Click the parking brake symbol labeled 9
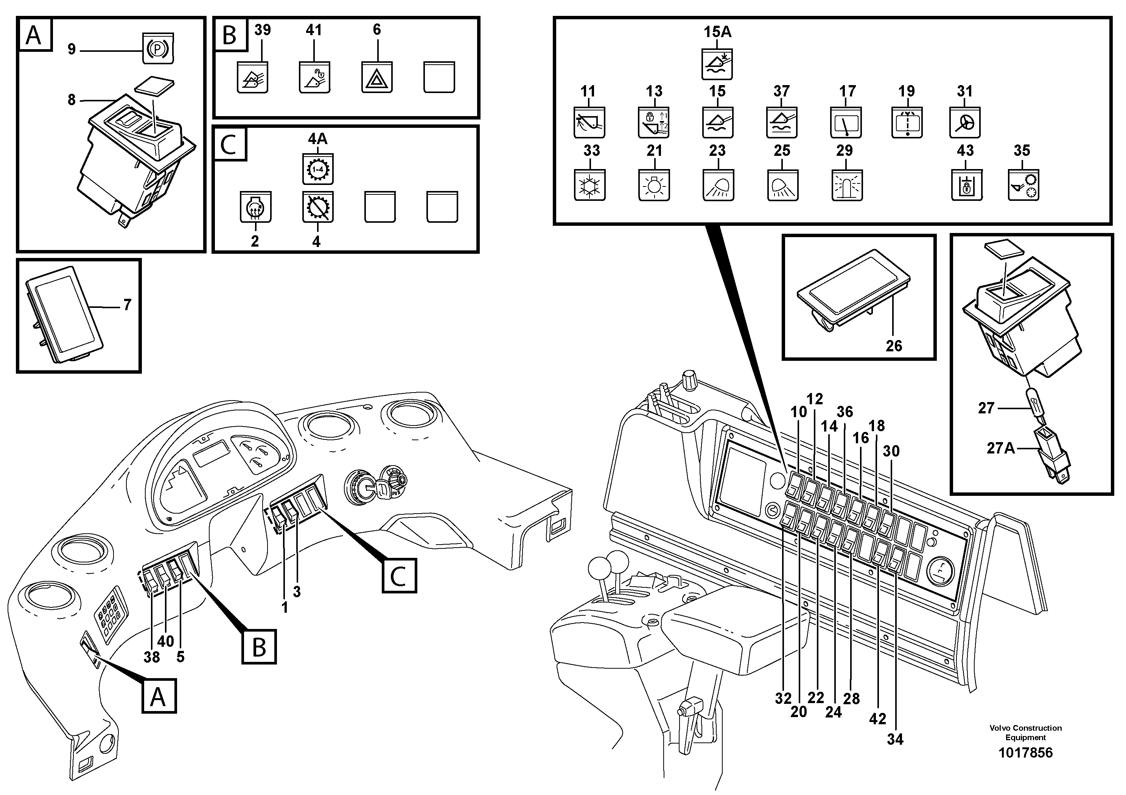[x=158, y=50]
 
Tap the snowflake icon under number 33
[x=589, y=186]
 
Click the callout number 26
[x=894, y=346]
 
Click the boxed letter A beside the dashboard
[x=159, y=696]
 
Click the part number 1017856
[x=1025, y=752]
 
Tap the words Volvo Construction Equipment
[x=1025, y=732]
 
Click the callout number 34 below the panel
[x=894, y=739]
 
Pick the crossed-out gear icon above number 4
[x=317, y=207]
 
